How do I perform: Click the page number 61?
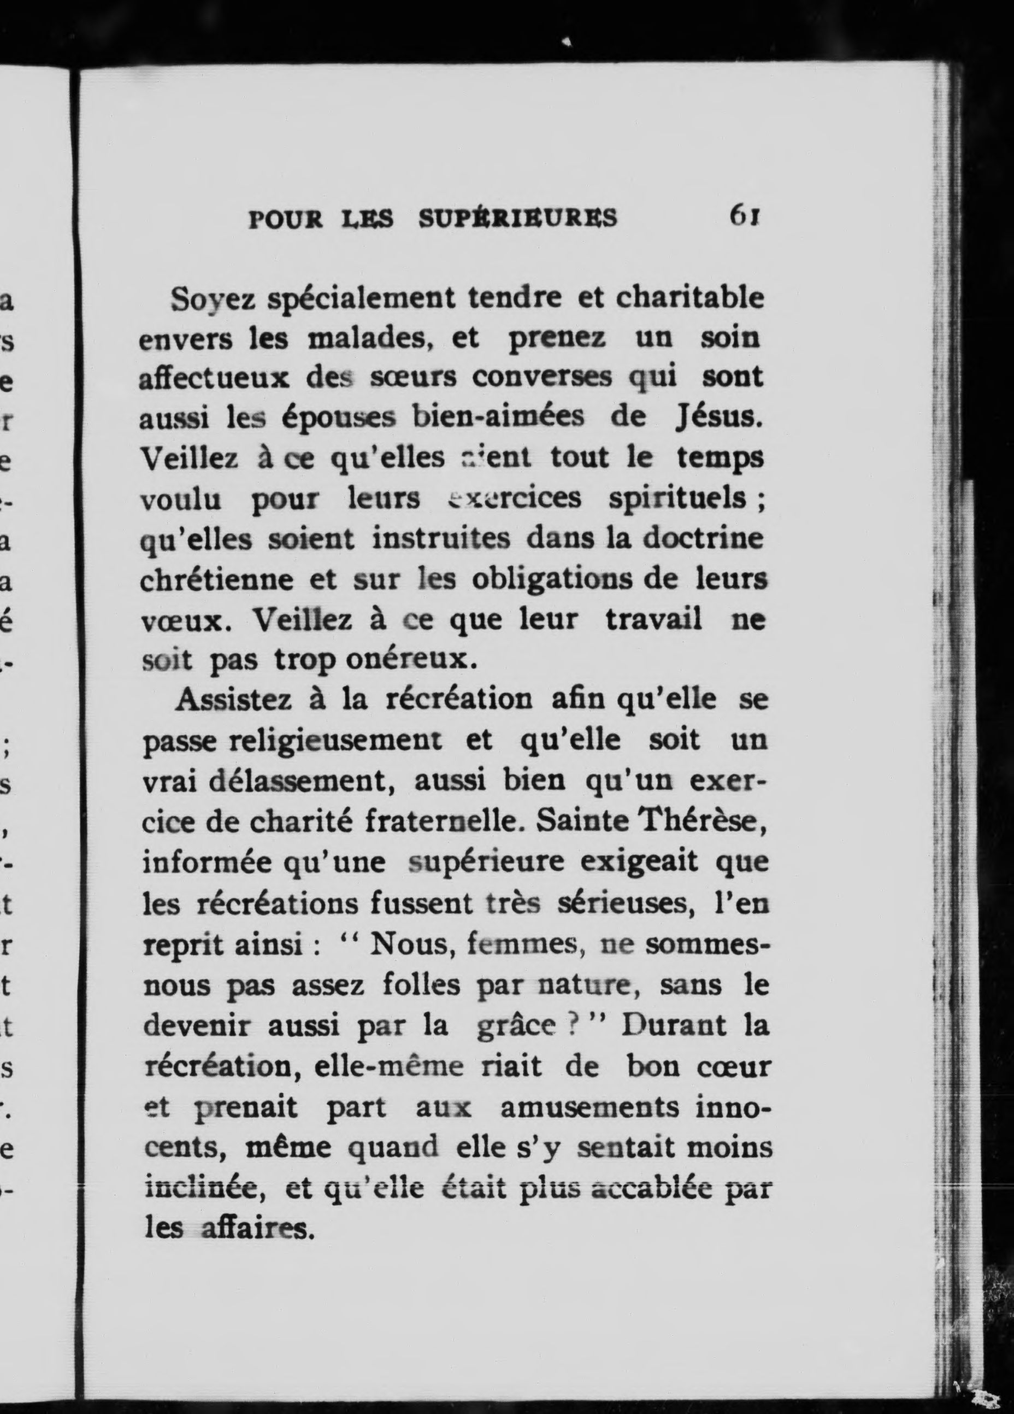point(745,216)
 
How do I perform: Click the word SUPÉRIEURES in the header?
point(518,218)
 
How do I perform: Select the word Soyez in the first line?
point(213,300)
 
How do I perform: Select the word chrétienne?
point(216,580)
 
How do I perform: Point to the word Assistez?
point(234,700)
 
